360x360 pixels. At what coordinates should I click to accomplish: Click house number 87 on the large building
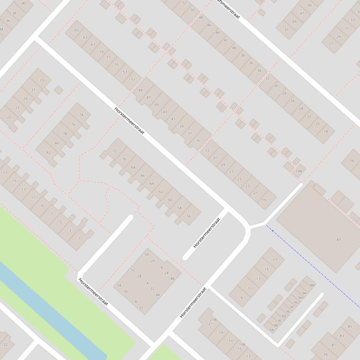click(x=338, y=240)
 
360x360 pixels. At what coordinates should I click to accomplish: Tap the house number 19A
click(x=298, y=171)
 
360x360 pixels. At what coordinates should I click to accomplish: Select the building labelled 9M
click(x=312, y=285)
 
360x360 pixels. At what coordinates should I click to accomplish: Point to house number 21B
click(x=213, y=320)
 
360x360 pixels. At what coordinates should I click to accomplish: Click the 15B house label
click(x=242, y=344)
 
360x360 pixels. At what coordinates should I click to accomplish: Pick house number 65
click(x=76, y=30)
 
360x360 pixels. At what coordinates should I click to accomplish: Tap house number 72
click(x=115, y=151)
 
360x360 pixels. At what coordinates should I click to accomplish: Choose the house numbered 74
click(x=81, y=115)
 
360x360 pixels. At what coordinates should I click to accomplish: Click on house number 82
click(x=48, y=152)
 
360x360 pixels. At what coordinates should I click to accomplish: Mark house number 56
click(x=189, y=216)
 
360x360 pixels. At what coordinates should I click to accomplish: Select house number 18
click(x=326, y=131)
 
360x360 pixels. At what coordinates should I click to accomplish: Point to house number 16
click(x=352, y=161)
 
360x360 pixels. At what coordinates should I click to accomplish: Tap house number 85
click(x=350, y=326)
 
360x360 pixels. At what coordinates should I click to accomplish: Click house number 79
click(x=325, y=354)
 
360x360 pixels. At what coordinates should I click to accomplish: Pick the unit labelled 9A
click(x=272, y=330)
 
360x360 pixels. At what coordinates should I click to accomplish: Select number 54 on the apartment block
click(x=119, y=285)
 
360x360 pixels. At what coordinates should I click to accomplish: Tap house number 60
click(x=170, y=200)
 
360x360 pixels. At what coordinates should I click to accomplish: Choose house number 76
click(x=73, y=124)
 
